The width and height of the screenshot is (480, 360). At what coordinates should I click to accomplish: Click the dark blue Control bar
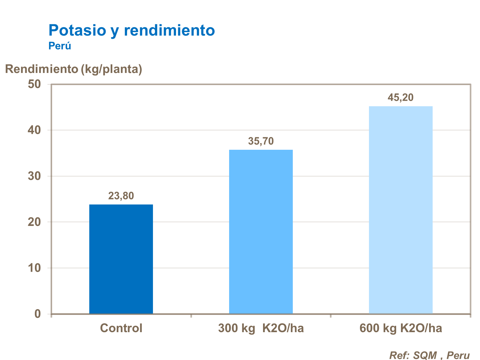tap(121, 259)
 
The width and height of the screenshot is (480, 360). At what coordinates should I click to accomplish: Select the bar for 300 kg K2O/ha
tap(261, 232)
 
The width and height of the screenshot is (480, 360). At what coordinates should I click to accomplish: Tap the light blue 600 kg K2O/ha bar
tap(401, 210)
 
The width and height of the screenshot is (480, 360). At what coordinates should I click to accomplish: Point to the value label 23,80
tap(121, 196)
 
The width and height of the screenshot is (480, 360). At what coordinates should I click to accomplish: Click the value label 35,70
tap(261, 141)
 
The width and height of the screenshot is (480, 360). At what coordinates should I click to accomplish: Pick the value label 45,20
tap(401, 97)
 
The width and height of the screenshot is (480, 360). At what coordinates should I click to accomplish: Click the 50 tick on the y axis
tap(35, 84)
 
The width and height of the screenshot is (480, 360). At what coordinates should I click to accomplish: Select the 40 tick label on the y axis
tap(35, 130)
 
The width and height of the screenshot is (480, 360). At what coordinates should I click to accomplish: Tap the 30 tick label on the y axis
tap(35, 176)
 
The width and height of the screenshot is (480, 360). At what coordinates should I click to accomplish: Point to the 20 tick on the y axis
tap(35, 222)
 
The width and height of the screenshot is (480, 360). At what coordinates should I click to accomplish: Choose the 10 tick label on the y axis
tap(35, 268)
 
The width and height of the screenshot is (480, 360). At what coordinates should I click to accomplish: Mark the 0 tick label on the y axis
tap(38, 314)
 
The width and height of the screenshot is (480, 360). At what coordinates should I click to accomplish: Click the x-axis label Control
tap(121, 328)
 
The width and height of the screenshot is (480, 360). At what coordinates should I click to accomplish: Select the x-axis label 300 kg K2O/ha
tap(261, 328)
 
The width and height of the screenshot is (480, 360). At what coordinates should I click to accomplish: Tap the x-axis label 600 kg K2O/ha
tap(401, 328)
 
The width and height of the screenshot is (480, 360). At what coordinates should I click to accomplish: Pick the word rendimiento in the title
tap(169, 30)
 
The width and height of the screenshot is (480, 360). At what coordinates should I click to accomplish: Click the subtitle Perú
tap(60, 46)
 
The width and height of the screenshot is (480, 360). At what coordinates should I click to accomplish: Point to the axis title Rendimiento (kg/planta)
tap(74, 69)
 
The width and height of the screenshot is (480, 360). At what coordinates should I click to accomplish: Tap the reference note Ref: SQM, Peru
tap(429, 355)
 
